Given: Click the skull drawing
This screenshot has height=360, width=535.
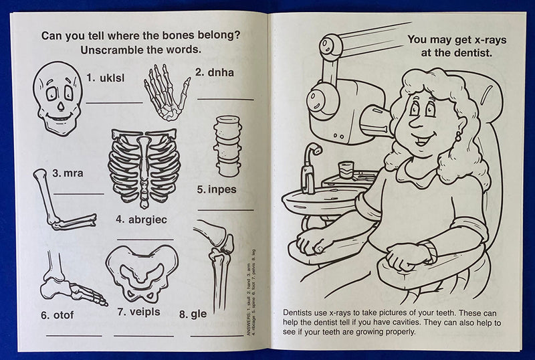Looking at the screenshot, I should (x=58, y=98).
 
